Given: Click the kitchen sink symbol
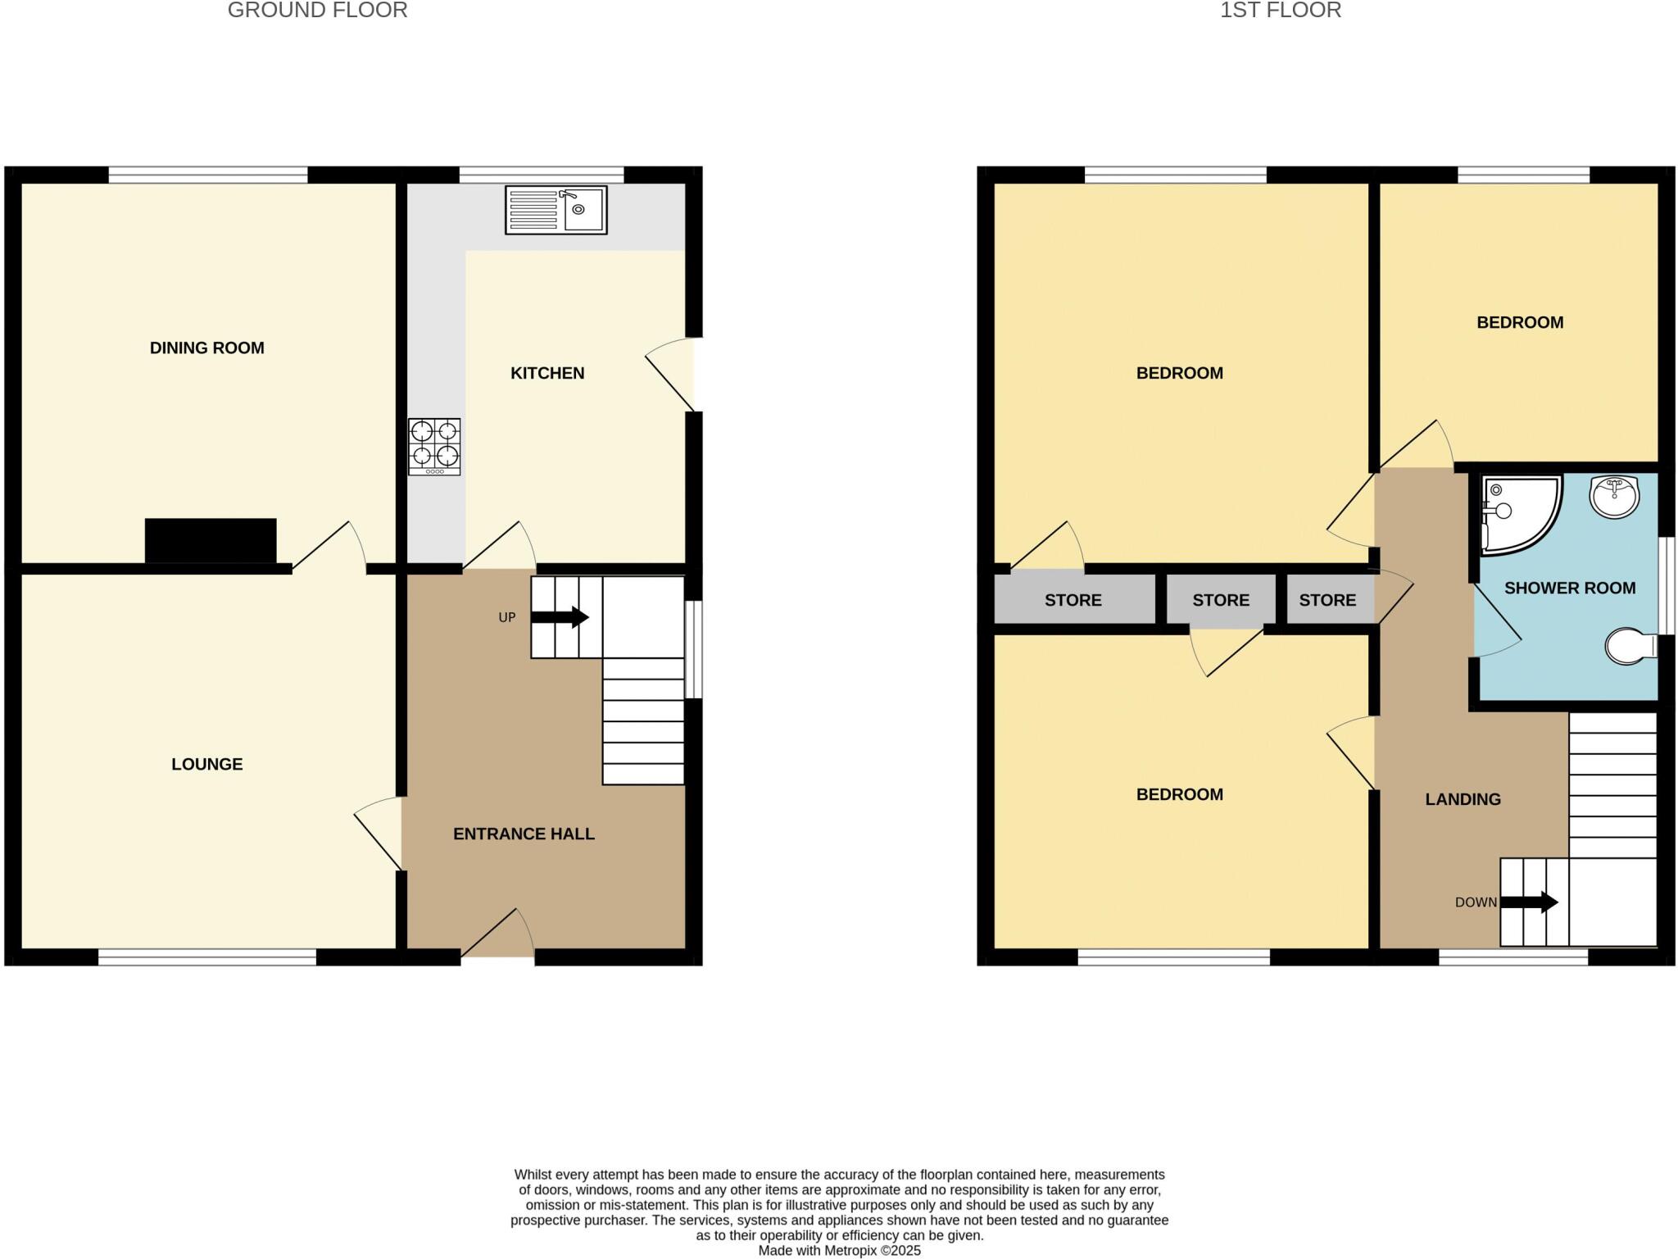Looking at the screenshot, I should [x=556, y=210].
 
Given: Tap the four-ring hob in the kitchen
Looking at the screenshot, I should [x=434, y=447].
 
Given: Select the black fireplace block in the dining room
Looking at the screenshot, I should [x=211, y=540].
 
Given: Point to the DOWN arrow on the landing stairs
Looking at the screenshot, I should [x=1529, y=902].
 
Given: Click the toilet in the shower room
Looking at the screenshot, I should [x=1623, y=646].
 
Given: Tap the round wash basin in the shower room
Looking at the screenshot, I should [x=1614, y=496].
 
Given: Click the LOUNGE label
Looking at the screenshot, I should [x=206, y=764].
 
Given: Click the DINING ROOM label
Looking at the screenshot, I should [x=206, y=348].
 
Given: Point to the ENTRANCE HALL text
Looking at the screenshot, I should [x=524, y=834].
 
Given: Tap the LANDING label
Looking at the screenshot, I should [x=1463, y=799].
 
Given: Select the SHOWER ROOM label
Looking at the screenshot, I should [x=1569, y=588].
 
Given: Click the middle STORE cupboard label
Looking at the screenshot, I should [x=1220, y=600].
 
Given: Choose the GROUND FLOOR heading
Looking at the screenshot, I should [x=317, y=11].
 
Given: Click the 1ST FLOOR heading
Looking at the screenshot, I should [x=1280, y=11].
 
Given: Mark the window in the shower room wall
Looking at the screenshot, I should [x=1667, y=585].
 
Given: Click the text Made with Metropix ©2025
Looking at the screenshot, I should [x=839, y=1251].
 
